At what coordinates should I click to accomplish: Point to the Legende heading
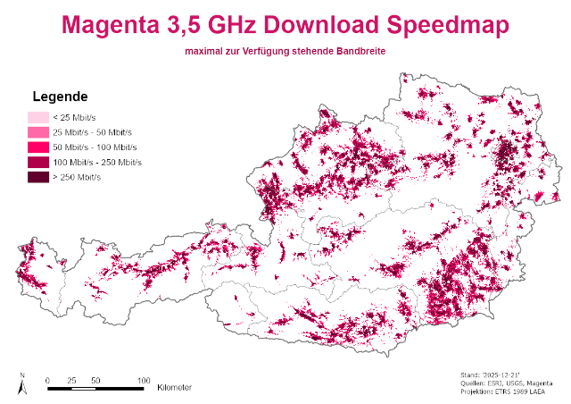pos(59,97)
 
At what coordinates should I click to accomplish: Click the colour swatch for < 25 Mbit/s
pos(38,117)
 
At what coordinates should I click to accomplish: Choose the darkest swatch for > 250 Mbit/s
pos(38,178)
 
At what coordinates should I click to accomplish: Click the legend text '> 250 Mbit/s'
pos(77,178)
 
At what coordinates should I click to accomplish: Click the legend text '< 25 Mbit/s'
pos(75,117)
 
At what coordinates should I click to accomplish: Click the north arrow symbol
pos(22,385)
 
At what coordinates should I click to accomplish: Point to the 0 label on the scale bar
pos(47,380)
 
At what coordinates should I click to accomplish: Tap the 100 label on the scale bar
pos(144,380)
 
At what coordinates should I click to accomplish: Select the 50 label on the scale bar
pos(95,380)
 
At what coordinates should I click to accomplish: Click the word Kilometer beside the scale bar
pos(174,388)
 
